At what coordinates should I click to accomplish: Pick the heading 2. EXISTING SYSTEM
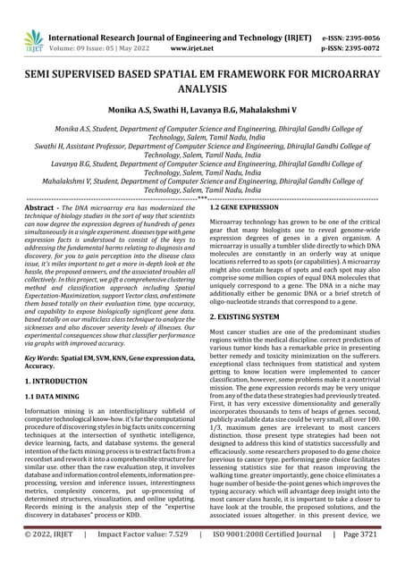click(x=249, y=316)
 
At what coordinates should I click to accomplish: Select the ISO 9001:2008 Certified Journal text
click(x=268, y=559)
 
